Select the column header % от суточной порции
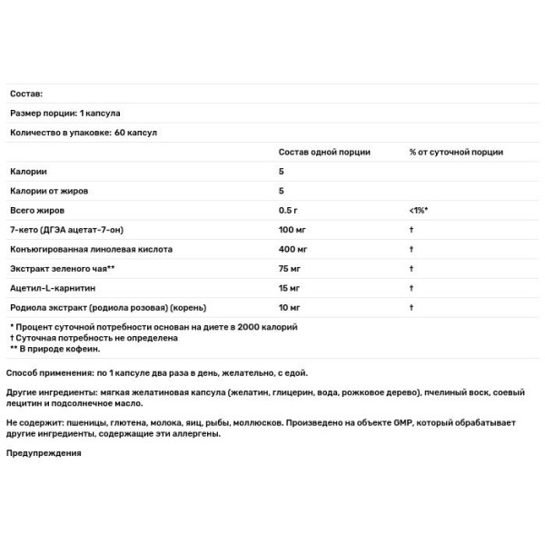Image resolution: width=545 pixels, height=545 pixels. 456,152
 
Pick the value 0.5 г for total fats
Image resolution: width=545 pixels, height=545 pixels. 290,210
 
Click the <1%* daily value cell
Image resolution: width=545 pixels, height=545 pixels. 419,210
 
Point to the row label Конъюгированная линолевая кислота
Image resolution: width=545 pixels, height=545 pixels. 91,248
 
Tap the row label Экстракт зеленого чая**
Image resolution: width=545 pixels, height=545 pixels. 62,269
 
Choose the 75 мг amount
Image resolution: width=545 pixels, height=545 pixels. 291,269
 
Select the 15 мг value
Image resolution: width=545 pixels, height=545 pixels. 291,288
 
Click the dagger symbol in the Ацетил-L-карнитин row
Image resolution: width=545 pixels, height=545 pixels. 411,288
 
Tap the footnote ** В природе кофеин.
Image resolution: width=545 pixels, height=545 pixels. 55,348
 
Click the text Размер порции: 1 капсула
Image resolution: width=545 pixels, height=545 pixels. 65,113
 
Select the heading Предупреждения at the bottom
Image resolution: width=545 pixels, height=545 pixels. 44,453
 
